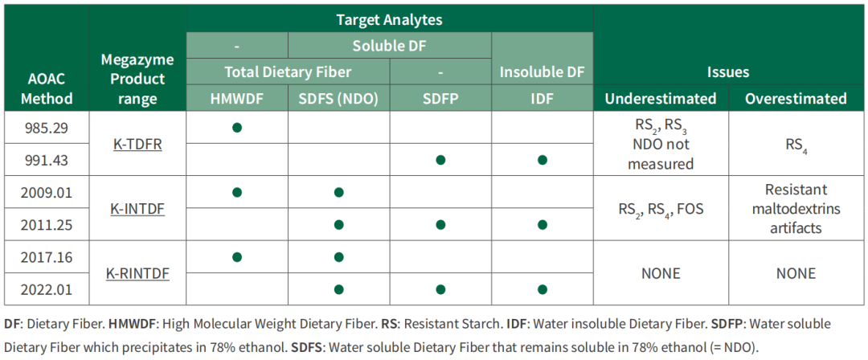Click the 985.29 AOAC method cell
coord(47,128)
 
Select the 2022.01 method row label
coord(47,289)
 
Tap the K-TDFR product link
coord(137,144)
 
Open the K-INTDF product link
coord(137,209)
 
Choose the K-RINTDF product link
coord(137,273)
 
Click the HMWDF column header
coord(237,99)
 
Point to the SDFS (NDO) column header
coord(339,99)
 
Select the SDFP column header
coord(440,99)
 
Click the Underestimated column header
coord(661,99)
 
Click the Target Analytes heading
coord(390,21)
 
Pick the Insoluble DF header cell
coord(542,72)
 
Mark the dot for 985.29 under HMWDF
coord(237,128)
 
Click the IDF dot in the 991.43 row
coord(542,160)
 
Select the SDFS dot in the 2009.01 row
coord(339,193)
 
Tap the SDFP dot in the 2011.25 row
coord(440,225)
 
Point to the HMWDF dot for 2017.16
coord(237,257)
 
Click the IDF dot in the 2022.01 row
coord(542,289)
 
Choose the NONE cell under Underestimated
coord(661,273)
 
